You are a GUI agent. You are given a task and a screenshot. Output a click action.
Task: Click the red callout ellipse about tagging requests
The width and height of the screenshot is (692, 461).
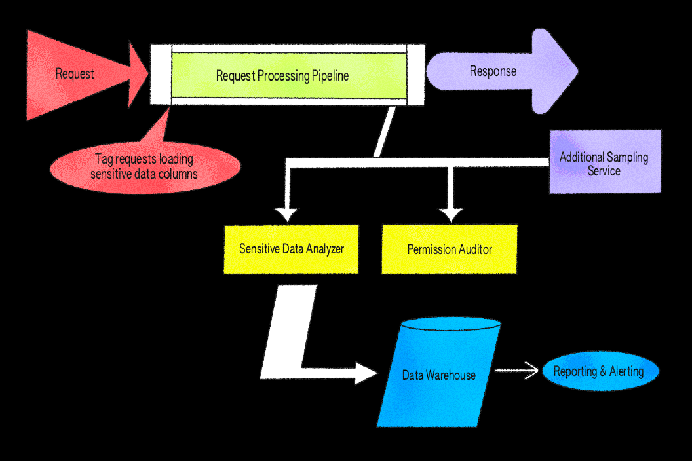tap(145, 166)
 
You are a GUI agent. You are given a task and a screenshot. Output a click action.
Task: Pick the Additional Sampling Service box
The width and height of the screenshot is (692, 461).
tap(604, 161)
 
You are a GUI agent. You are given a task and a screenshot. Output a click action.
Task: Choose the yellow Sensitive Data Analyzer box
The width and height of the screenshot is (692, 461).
tap(291, 249)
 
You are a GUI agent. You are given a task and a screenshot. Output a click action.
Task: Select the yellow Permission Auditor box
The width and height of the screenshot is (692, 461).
tap(450, 249)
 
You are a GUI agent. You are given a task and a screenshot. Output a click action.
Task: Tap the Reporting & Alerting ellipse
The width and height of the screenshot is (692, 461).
tap(599, 371)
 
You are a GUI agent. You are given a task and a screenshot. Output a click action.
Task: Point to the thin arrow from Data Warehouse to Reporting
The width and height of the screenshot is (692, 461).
tap(518, 371)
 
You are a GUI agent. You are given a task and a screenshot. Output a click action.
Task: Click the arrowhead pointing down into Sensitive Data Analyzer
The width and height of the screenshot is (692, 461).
tap(286, 214)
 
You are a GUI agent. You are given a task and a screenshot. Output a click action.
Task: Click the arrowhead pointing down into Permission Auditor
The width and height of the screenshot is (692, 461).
tap(450, 214)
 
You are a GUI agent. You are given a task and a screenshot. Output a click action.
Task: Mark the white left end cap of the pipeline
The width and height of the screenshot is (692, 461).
tap(161, 74)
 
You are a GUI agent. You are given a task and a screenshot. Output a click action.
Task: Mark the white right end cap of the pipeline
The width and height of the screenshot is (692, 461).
tap(415, 74)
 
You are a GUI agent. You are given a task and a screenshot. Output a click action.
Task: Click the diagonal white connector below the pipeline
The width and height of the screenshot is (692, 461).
tap(385, 132)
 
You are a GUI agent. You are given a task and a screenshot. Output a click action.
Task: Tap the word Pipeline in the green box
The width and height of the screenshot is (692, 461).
tap(330, 76)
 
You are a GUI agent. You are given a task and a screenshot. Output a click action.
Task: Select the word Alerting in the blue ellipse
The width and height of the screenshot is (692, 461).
tap(626, 371)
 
